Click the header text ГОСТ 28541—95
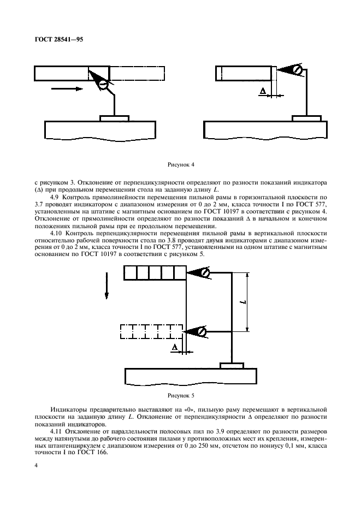[59, 39]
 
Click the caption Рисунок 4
[180, 163]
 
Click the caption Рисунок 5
[180, 394]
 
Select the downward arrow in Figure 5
[106, 288]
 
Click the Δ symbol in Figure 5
[175, 347]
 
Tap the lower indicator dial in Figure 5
[202, 331]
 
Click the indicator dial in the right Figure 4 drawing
[297, 70]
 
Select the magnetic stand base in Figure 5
[233, 365]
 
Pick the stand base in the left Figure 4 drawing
[115, 117]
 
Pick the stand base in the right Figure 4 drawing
[306, 117]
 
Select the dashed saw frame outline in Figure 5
[151, 331]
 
